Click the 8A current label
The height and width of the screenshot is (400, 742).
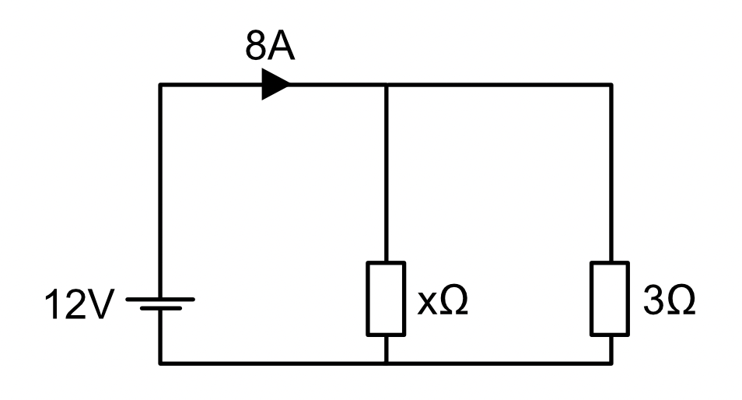coord(270,46)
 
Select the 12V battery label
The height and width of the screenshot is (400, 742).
coord(79,304)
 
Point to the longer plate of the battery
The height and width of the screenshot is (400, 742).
coord(160,299)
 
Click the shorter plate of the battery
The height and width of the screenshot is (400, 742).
coord(161,308)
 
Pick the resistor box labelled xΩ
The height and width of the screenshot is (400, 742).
coord(386,299)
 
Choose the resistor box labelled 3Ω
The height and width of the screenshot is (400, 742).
coord(610,299)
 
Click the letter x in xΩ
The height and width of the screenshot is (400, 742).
coord(427,303)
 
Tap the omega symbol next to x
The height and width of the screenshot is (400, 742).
coord(453,300)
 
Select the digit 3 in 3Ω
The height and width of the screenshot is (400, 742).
coord(653,300)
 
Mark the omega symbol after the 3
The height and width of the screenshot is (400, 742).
coord(681,300)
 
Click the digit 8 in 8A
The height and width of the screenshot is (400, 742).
coord(256,47)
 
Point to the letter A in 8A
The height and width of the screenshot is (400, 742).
coord(282,46)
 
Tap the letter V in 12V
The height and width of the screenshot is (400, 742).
coord(101,304)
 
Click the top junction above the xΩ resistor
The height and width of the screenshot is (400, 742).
coord(386,85)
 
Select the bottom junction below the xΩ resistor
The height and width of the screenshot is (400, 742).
coord(386,363)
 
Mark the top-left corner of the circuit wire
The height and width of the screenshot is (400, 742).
coord(160,85)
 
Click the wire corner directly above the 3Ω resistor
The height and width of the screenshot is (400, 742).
coord(611,85)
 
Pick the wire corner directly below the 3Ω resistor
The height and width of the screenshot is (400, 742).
coord(611,363)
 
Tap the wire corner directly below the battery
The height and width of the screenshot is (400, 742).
coord(160,363)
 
